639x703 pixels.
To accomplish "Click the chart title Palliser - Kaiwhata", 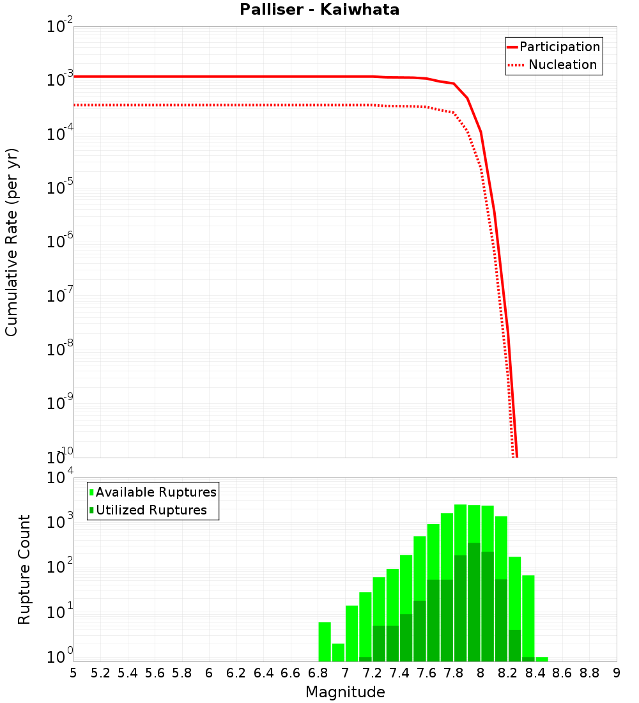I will point(319,10).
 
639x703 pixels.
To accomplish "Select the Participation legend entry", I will point(560,47).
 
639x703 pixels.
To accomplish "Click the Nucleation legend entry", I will point(562,65).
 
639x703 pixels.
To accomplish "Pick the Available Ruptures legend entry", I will point(156,492).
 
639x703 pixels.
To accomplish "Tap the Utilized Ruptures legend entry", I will point(151,510).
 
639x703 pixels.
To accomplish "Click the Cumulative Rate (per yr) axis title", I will point(12,243).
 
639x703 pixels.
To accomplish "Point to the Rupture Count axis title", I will point(24,569).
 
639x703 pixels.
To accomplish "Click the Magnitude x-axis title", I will point(345,692).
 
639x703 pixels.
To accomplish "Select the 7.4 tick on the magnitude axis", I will point(399,673).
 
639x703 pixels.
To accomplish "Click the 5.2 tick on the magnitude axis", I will point(101,673).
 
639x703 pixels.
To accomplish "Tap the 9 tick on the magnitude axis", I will point(617,673).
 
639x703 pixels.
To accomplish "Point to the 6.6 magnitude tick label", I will point(291,673).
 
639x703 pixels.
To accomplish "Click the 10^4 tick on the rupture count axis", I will point(61,479).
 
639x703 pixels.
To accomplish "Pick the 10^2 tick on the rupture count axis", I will point(61,568).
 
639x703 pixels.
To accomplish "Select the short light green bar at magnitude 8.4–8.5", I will point(542,659).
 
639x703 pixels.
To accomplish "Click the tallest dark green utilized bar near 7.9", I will point(474,601).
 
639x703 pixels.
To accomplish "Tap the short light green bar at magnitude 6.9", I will point(338,653).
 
